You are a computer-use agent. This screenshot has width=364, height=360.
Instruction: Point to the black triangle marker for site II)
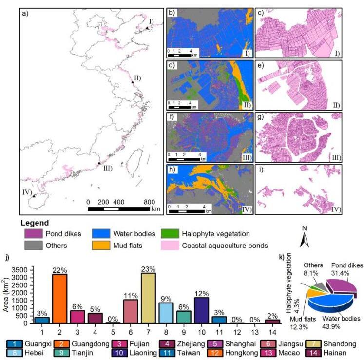point(133,82)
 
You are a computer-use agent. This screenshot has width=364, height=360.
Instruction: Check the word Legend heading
point(35,223)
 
